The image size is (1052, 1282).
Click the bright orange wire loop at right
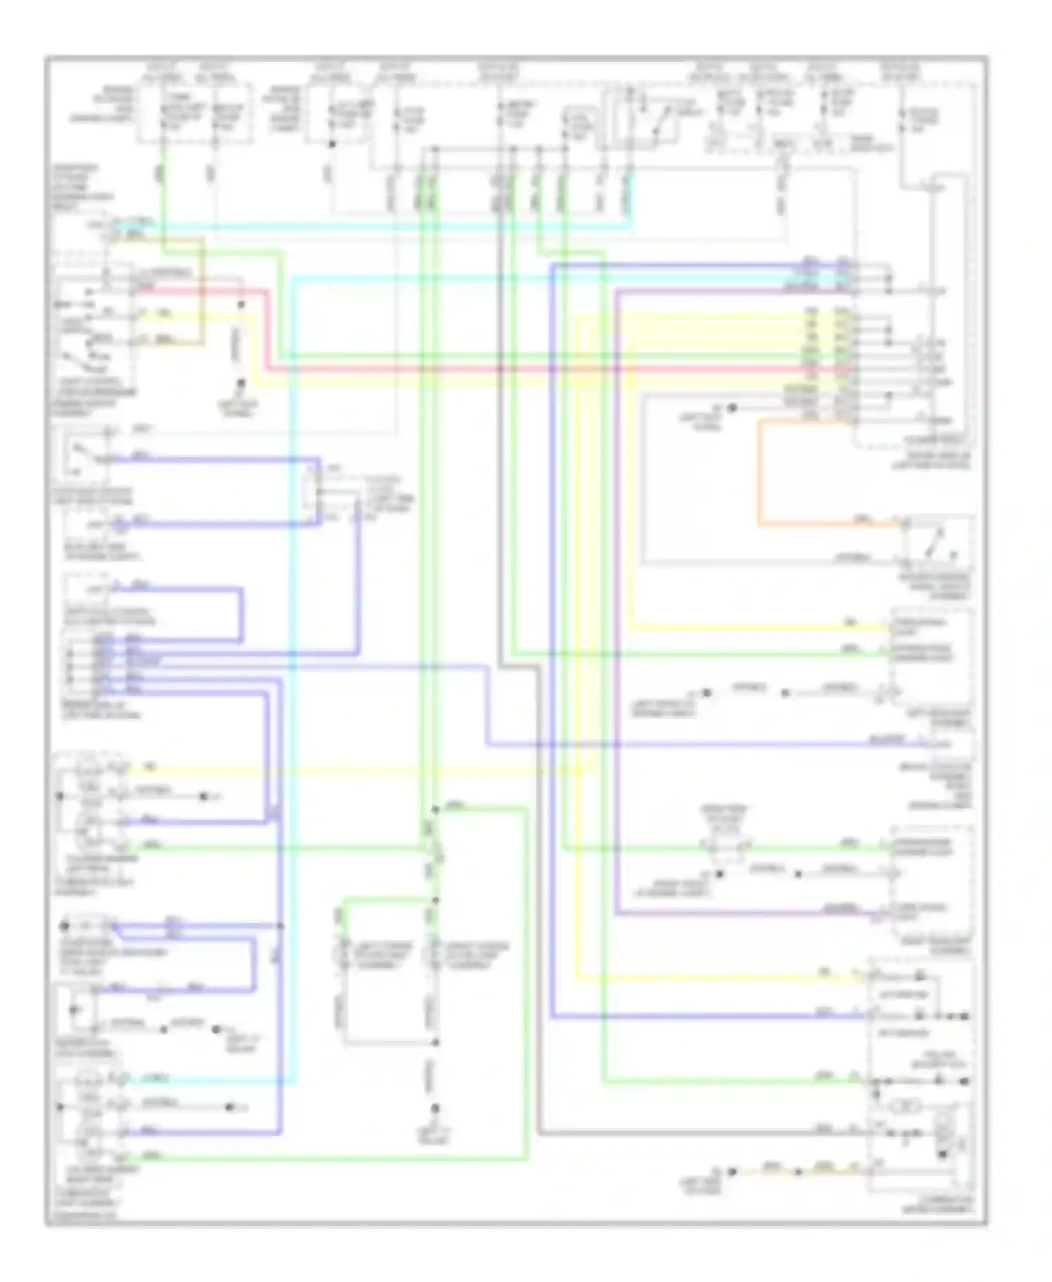point(759,477)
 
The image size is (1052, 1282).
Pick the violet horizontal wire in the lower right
point(736,913)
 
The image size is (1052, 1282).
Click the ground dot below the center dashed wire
point(435,1109)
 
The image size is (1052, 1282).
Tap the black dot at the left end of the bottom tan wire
point(731,1172)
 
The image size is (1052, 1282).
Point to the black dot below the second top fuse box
point(332,144)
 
